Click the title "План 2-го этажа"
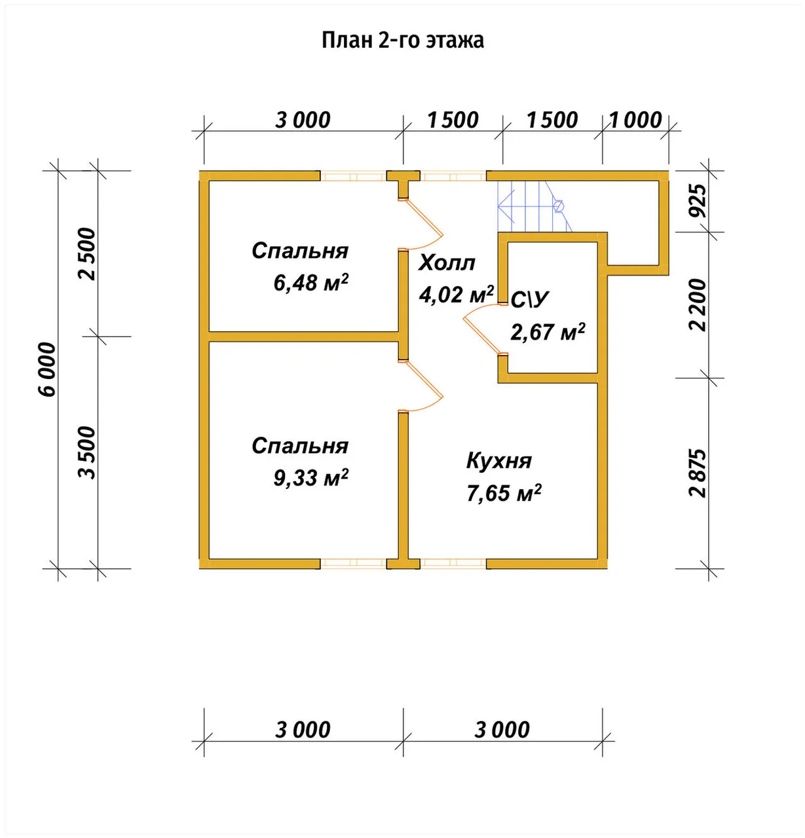403,41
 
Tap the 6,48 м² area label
310,282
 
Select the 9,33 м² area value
310,477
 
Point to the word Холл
447,263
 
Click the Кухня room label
499,461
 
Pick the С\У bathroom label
530,299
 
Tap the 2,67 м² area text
548,331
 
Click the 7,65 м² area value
504,492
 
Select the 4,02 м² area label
457,295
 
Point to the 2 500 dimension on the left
88,254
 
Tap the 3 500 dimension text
88,452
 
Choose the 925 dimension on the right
698,201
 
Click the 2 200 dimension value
698,305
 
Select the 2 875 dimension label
698,473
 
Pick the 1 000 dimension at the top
635,120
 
